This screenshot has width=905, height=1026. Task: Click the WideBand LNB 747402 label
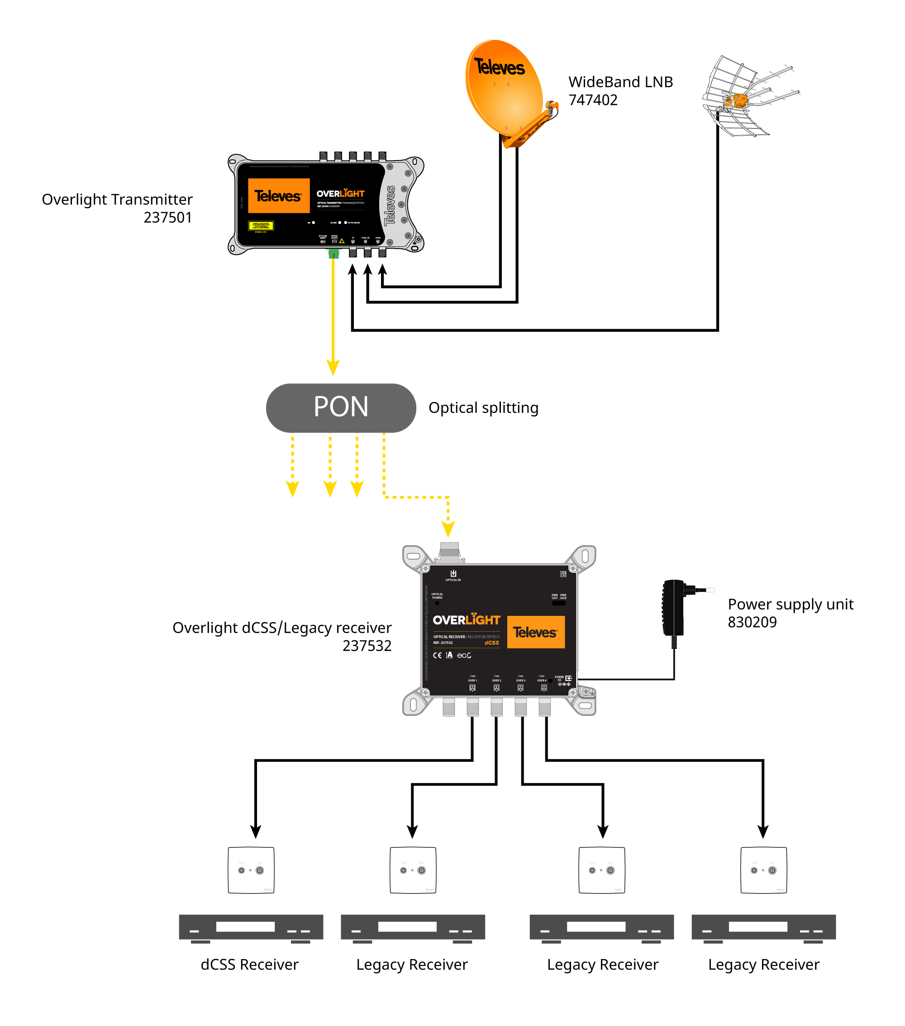click(x=620, y=91)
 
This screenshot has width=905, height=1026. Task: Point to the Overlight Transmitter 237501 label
click(x=117, y=208)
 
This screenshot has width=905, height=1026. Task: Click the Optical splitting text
click(x=483, y=407)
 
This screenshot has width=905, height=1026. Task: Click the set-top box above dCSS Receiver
click(x=251, y=927)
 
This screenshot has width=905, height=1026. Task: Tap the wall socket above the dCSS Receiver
click(x=251, y=870)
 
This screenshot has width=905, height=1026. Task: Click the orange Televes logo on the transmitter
click(x=278, y=195)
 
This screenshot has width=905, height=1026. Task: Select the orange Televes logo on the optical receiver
click(x=535, y=632)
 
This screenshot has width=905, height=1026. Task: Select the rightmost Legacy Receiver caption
click(x=763, y=964)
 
